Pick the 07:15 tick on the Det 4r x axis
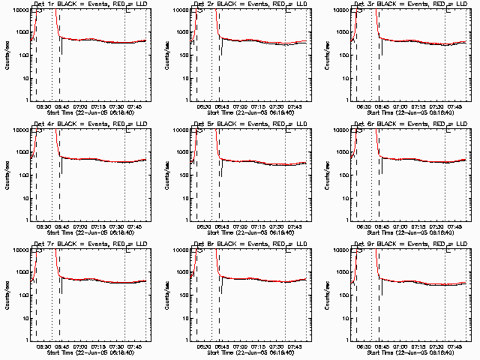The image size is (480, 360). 97,226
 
